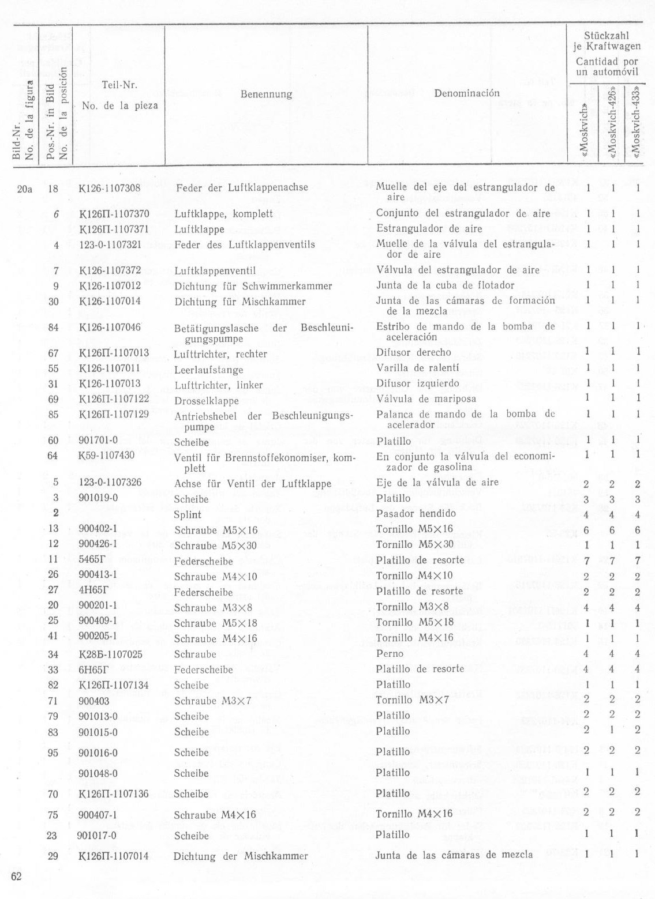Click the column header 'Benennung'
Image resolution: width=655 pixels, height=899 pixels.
pos(266,93)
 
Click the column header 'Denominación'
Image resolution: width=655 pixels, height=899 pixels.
pos(467,93)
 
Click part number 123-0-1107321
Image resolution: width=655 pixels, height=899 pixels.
pos(110,245)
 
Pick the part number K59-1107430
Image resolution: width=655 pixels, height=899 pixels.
pos(106,456)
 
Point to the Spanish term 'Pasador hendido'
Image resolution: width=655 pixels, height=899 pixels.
pos(416,513)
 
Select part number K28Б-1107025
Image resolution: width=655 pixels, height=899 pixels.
pos(110,654)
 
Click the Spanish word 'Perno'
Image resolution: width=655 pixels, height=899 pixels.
pos(390,653)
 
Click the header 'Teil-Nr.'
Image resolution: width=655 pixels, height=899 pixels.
pos(119,85)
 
